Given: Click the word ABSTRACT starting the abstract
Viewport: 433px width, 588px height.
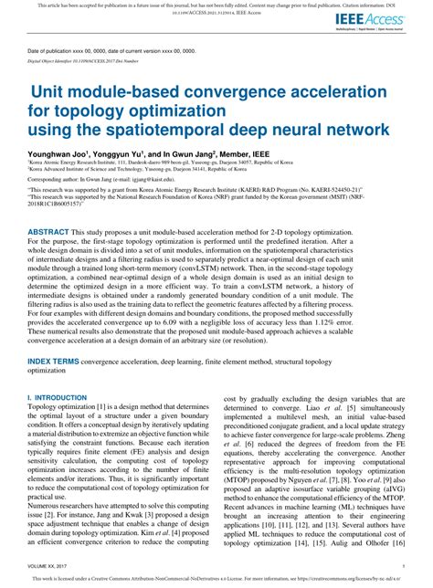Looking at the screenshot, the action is (x=48, y=233).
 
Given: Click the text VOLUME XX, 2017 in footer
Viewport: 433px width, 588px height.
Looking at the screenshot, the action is (x=54, y=566).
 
